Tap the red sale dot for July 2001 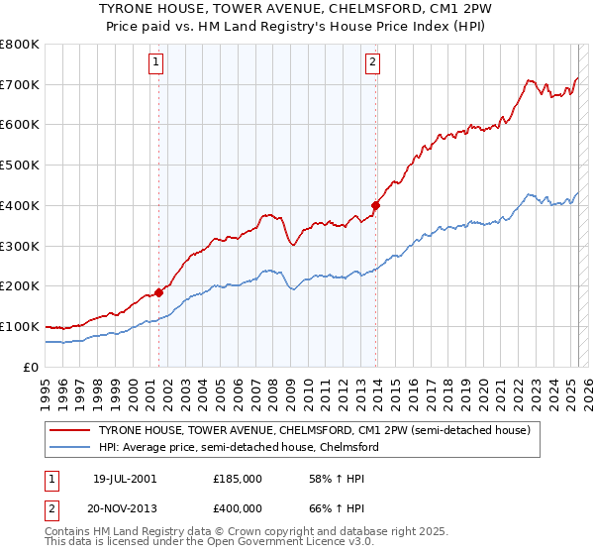158,292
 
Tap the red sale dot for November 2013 376,206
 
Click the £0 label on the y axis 32,367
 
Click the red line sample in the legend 70,431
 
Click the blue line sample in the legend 70,447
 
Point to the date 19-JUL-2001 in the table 122,478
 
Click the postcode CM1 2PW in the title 448,9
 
